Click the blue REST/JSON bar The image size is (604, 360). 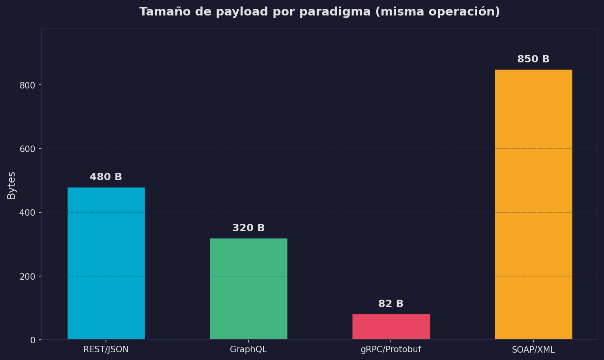coord(106,263)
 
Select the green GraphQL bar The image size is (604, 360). coord(249,289)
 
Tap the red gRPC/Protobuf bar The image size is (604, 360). coord(391,327)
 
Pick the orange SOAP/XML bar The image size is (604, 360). coord(533,204)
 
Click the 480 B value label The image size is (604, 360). coord(106,177)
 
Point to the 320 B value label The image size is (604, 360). coord(249,228)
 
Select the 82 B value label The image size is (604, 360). coord(391,304)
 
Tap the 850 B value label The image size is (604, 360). coord(533,59)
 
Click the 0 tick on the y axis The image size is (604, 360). coord(33,340)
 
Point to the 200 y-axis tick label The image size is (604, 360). coord(28,276)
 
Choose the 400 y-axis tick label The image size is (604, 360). coord(28,213)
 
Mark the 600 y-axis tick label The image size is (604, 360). coord(28,149)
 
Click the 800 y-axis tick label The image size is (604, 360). coord(28,85)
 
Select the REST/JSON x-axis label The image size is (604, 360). coord(106,349)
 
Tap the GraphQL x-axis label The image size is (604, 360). coord(249,349)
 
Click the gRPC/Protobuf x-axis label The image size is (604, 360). coord(391,349)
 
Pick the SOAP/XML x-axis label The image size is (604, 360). coord(533,350)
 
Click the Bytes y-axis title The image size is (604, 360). coord(11,185)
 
